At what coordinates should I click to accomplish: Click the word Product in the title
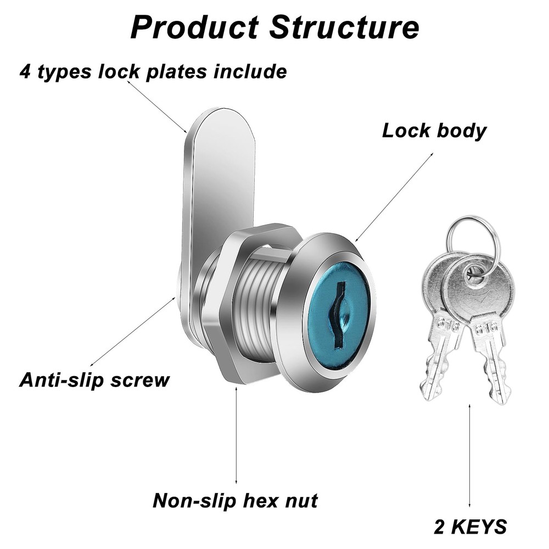tap(195, 27)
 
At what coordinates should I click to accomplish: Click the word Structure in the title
tap(345, 27)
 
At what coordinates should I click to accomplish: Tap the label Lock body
tap(434, 131)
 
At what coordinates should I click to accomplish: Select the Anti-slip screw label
tap(94, 380)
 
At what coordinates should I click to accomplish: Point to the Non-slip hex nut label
tap(235, 500)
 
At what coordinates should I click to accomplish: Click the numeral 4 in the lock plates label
tap(25, 71)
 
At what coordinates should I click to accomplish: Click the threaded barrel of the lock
tap(258, 307)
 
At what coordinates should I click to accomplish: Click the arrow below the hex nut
tap(237, 434)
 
